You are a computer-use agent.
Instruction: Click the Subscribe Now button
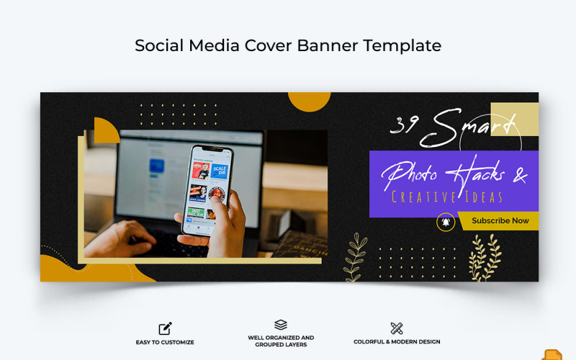point(500,221)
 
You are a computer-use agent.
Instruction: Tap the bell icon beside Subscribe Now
point(446,222)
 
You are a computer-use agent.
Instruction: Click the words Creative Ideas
point(446,197)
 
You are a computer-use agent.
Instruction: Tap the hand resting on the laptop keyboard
point(130,235)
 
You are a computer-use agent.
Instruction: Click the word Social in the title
point(158,45)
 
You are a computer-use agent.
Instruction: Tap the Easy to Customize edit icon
point(165,328)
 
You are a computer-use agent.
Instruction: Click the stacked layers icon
point(281,325)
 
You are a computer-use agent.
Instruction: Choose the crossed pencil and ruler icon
point(397,328)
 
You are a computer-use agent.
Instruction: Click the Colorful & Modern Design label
point(397,342)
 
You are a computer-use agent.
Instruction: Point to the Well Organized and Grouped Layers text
point(281,341)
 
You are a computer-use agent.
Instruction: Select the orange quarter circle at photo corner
point(105,131)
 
